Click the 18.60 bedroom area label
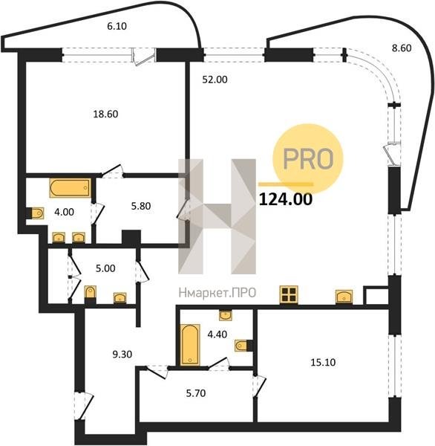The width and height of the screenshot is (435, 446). pos(105,114)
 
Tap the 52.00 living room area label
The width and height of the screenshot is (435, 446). pos(215,80)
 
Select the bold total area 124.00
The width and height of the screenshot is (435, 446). pos(286,199)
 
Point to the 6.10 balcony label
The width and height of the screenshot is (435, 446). pos(117,26)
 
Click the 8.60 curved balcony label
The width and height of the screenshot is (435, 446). pos(402,48)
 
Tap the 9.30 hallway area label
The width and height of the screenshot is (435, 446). pos(122,355)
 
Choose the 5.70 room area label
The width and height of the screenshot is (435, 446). pos(196,393)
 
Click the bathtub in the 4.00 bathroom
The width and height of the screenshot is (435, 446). pos(71,188)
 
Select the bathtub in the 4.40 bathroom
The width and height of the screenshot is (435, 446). pos(190,345)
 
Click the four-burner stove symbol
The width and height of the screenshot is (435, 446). pos(289,294)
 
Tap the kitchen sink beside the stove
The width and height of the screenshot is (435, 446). pos(344,297)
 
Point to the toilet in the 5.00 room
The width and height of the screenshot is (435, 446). pos(91,292)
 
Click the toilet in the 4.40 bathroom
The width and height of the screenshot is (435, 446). pos(241,346)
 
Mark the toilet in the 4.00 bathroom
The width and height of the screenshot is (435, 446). pos(38,213)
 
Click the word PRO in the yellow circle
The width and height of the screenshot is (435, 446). pos(308,159)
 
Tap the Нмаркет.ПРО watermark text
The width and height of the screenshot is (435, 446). pos(218,293)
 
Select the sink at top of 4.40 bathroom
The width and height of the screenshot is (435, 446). pos(226,315)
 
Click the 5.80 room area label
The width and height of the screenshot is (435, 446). pos(141,206)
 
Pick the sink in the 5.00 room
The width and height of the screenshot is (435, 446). pos(120,297)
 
